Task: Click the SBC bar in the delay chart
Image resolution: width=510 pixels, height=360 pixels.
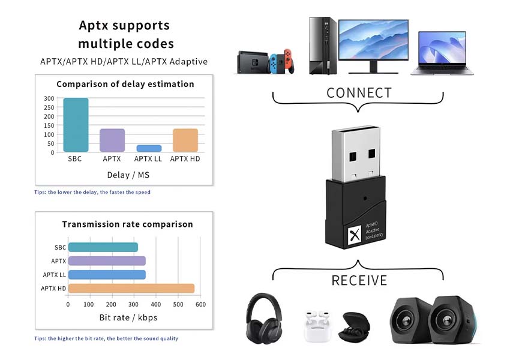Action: [76, 125]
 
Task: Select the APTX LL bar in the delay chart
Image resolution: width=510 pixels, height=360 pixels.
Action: [148, 148]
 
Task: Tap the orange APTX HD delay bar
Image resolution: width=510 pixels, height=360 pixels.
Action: [185, 140]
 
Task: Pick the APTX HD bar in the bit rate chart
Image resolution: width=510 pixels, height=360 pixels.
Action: [131, 289]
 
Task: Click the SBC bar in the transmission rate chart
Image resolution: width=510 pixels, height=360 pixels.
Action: [103, 247]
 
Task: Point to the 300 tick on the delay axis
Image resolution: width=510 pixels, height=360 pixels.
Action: [49, 98]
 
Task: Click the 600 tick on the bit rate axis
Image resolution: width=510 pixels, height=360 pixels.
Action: [200, 305]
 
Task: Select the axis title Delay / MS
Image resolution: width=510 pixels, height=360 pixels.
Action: [125, 175]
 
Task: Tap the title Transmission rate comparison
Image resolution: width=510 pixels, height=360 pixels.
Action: [127, 224]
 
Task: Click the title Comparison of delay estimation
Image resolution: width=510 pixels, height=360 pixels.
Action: [125, 84]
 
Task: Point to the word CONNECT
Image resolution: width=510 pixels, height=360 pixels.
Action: [359, 93]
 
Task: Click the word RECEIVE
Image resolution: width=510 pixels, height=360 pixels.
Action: [359, 280]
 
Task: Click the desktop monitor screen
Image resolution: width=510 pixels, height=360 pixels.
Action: [373, 39]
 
